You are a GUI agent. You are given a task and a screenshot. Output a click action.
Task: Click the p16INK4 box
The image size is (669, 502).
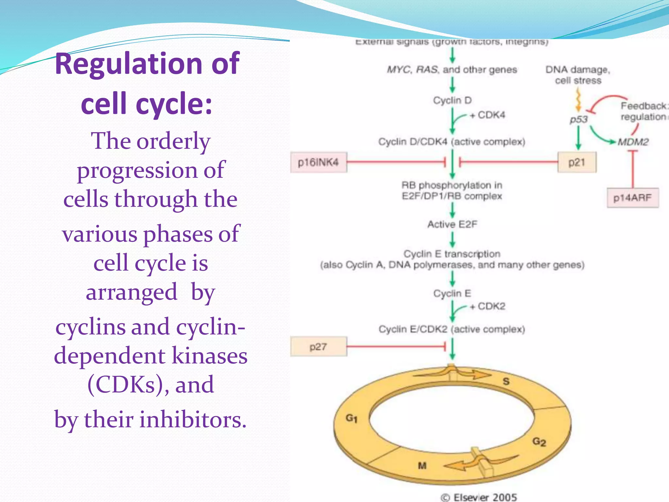pos(318,162)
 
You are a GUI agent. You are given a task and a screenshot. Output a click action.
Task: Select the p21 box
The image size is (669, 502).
pos(577,162)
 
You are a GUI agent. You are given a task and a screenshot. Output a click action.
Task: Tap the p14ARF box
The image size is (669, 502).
pos(632,198)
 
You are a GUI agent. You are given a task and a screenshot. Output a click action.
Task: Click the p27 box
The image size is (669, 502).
pos(318,346)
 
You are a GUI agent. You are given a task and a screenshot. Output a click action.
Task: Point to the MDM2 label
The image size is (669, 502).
pos(633,142)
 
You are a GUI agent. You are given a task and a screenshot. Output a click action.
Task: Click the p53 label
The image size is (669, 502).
pos(579,120)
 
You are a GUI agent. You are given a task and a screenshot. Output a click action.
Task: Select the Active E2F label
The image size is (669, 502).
pos(452,225)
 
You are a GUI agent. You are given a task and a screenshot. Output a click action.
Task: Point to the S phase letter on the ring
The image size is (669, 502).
pos(506,381)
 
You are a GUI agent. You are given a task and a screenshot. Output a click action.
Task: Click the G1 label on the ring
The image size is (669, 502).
pos(351,418)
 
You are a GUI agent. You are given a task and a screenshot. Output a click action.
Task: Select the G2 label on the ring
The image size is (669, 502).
pos(539,442)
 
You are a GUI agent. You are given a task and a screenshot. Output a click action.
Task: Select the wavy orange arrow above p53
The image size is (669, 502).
pos(578,100)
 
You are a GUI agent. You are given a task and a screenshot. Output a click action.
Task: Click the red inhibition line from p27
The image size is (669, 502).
pos(395,346)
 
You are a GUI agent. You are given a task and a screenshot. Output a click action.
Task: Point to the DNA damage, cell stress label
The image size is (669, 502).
pos(578,75)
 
